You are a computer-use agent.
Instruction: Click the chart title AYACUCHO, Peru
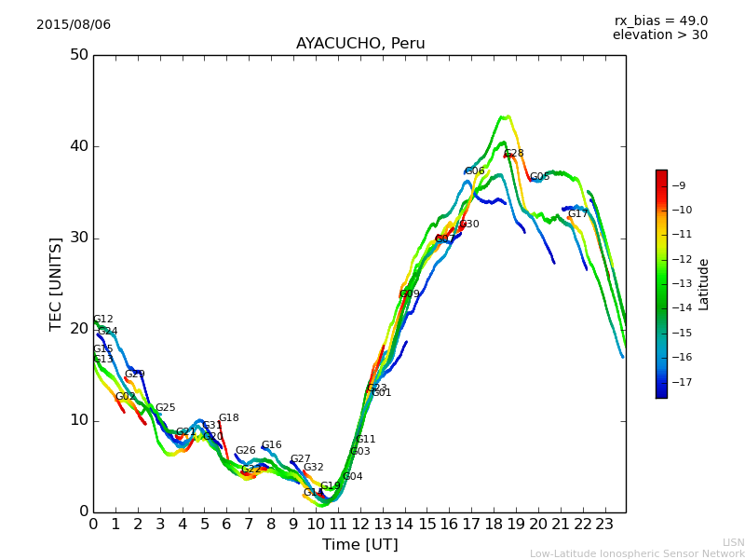360,44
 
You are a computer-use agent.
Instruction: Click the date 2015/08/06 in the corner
74,24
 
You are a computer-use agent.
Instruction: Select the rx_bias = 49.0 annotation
660,20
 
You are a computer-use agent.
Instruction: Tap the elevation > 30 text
659,35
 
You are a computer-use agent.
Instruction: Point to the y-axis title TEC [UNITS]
57,283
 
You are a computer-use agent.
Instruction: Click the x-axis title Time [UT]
359,544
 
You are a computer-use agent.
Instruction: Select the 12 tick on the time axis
360,525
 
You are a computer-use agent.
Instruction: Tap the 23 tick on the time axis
604,525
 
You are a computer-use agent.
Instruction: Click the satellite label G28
514,154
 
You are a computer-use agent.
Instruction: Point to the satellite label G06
475,171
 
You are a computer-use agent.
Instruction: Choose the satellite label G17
577,214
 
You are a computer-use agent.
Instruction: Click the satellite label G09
410,294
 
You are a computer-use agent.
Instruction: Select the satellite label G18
228,418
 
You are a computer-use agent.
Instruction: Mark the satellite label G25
165,408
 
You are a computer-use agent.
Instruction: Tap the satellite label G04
352,477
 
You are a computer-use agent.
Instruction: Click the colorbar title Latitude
704,284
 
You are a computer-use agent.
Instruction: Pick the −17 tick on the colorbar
679,382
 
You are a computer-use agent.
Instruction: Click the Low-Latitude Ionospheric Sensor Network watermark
637,554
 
